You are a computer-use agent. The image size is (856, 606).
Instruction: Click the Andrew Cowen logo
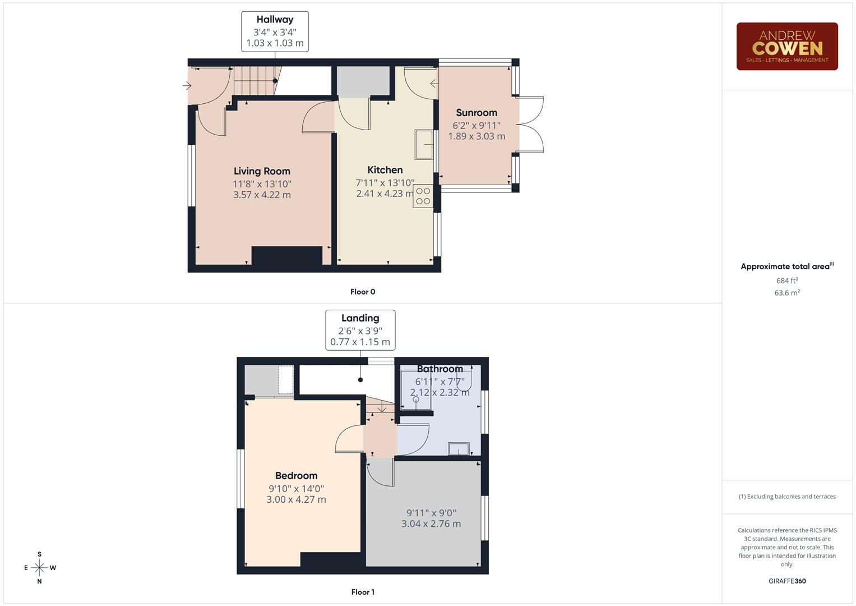(x=786, y=47)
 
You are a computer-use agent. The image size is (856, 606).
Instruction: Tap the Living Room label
(x=262, y=171)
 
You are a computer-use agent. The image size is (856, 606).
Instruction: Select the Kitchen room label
(x=385, y=169)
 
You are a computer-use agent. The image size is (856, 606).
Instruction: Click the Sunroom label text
(x=476, y=112)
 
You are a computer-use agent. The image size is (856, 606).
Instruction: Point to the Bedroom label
(x=296, y=475)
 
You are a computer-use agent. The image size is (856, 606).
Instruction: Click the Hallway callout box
(x=275, y=31)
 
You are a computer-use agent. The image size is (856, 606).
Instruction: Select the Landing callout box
(x=360, y=330)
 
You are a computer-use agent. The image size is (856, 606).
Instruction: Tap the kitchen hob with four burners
(x=423, y=196)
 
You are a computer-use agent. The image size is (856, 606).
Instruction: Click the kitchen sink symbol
(x=424, y=144)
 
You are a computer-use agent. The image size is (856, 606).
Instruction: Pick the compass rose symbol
(x=39, y=568)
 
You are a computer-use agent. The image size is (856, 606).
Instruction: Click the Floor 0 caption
(x=363, y=292)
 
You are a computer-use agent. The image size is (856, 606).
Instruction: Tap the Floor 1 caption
(x=362, y=592)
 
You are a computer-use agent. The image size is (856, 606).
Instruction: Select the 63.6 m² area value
(x=786, y=293)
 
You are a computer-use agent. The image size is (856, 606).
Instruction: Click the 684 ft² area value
(x=786, y=281)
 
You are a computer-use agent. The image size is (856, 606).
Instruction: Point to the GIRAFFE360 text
(x=786, y=581)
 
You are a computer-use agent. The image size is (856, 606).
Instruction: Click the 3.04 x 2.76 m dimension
(x=431, y=524)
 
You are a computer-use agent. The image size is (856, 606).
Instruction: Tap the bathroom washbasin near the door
(x=459, y=448)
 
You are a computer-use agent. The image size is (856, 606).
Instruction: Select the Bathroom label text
(x=439, y=369)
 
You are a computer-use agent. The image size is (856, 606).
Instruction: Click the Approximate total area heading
(x=786, y=267)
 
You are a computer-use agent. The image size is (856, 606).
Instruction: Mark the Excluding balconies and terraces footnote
(x=786, y=497)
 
